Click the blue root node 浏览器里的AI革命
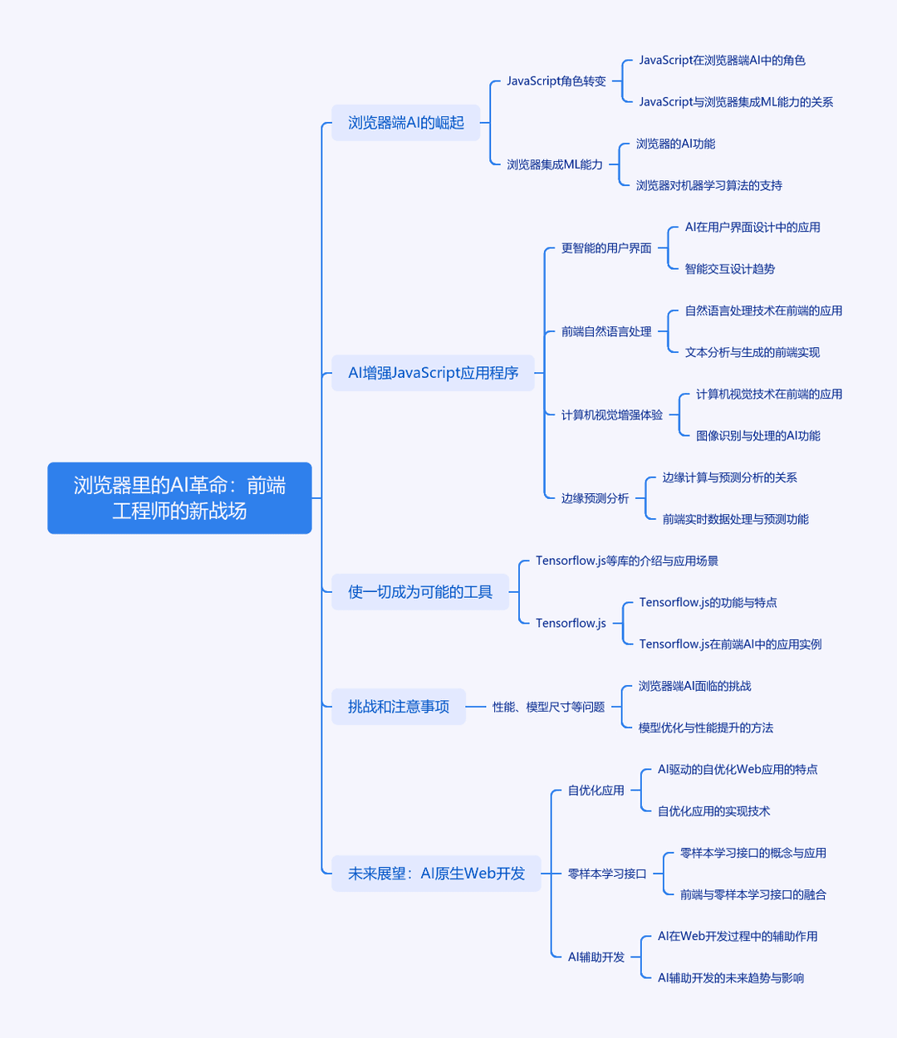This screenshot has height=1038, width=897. click(x=179, y=497)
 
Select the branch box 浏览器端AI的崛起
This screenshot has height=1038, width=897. click(x=406, y=123)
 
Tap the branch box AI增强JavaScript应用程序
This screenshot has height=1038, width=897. click(x=433, y=373)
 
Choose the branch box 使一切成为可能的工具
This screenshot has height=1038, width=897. click(x=420, y=591)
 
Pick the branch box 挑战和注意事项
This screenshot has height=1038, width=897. click(x=399, y=707)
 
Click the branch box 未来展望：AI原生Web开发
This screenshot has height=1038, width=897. click(x=436, y=874)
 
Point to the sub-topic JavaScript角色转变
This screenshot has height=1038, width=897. click(x=556, y=81)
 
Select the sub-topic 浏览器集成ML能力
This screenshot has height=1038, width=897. click(x=555, y=164)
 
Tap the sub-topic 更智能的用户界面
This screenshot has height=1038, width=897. click(x=606, y=248)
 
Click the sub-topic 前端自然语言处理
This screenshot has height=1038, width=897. click(x=606, y=331)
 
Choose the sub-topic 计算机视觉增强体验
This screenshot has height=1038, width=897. click(x=612, y=415)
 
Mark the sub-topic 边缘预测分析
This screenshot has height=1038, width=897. click(x=595, y=498)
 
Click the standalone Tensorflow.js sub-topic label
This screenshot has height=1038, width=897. click(x=571, y=623)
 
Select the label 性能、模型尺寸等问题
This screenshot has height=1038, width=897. click(x=548, y=707)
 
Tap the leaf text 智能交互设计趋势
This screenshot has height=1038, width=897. click(x=730, y=269)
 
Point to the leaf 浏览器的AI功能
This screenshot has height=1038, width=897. click(x=675, y=144)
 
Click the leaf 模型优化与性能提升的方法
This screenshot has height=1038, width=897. click(x=706, y=727)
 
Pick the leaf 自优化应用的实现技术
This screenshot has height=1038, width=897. click(x=713, y=811)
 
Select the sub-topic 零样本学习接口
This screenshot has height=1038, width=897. click(x=606, y=874)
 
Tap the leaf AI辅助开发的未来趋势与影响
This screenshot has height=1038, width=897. click(x=731, y=977)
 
